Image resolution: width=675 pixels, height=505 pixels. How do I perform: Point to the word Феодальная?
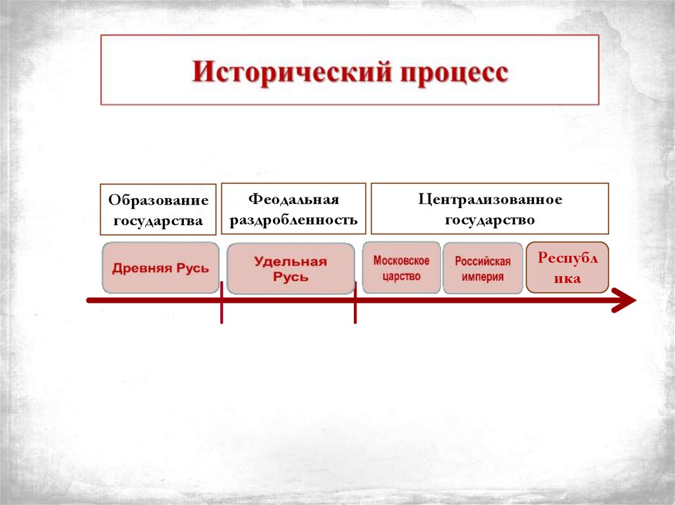pos(293,199)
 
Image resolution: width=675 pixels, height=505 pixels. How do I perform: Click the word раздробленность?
pos(293,220)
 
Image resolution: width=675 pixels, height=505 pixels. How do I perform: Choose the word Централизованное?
pos(490,199)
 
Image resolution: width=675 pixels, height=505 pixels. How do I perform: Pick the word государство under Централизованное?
pos(490,220)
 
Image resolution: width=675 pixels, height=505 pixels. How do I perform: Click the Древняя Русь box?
pos(160,268)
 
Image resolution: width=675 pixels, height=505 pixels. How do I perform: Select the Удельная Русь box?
pos(291,269)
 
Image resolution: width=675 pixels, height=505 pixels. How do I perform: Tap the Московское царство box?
pos(401,268)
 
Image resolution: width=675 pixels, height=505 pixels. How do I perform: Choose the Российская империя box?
pos(483,268)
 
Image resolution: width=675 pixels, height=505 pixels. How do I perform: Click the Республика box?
pos(567,268)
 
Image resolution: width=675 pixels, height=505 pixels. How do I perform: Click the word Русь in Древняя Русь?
pos(191,268)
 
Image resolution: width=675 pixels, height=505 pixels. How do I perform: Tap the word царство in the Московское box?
pos(401,276)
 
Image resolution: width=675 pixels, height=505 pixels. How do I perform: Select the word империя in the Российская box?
pos(483,277)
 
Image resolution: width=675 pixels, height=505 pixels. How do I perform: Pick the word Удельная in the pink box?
pos(291,261)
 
